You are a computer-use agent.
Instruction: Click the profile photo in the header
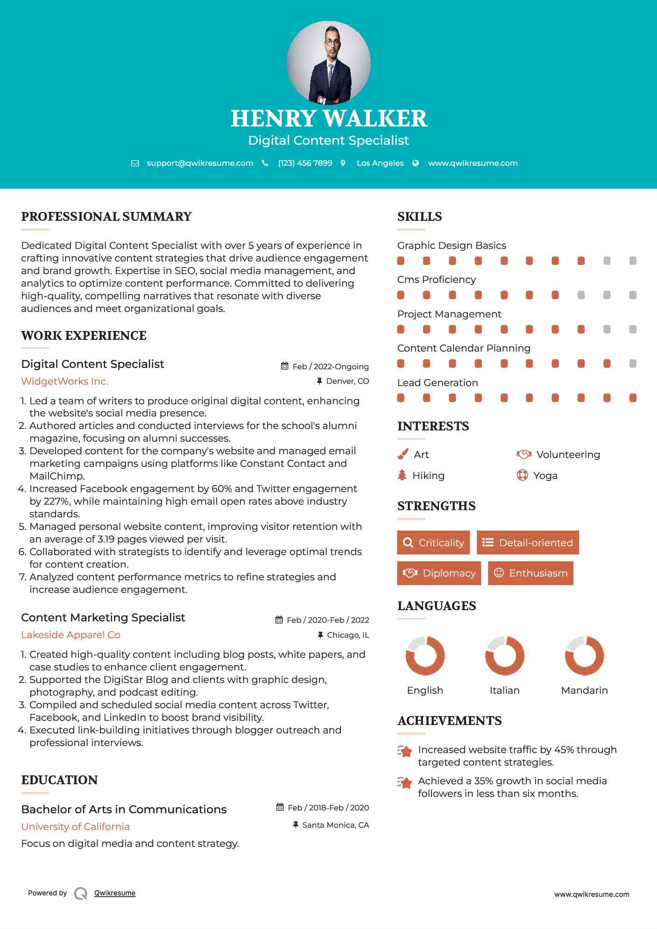328,63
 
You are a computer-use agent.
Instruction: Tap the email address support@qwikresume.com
200,163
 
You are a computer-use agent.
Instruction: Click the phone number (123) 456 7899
305,163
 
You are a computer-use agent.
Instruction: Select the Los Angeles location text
380,163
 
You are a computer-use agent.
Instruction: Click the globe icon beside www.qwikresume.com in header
416,163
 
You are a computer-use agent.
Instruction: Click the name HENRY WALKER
328,119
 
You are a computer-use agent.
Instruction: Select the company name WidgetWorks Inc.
64,381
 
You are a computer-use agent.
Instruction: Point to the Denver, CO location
347,381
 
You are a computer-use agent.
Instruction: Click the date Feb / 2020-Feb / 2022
327,620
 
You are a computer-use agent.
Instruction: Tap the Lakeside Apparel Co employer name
71,635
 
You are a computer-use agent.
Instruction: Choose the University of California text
75,827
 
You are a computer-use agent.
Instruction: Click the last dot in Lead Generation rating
633,398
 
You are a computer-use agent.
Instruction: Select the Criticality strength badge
433,542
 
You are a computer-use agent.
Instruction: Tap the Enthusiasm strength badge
530,573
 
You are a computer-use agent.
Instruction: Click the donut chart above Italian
504,655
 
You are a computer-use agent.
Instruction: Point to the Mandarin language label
584,690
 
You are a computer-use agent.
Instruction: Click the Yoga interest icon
522,475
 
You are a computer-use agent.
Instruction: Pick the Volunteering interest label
568,455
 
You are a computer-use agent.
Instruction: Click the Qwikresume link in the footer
115,893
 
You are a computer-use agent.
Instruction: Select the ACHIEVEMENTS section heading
449,721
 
